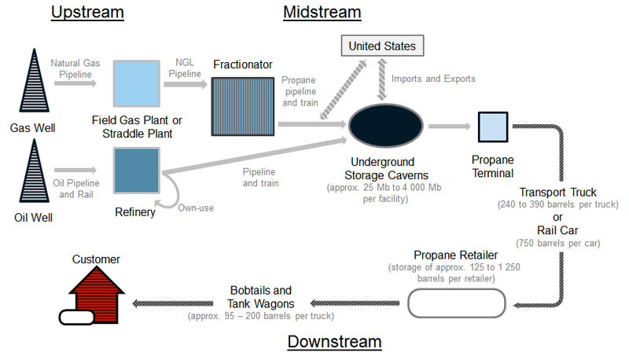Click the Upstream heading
coord(87,13)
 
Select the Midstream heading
coord(322,13)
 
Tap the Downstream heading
coord(334,342)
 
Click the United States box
coord(382,46)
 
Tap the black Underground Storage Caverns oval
coord(383,124)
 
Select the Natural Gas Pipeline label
coord(72,68)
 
